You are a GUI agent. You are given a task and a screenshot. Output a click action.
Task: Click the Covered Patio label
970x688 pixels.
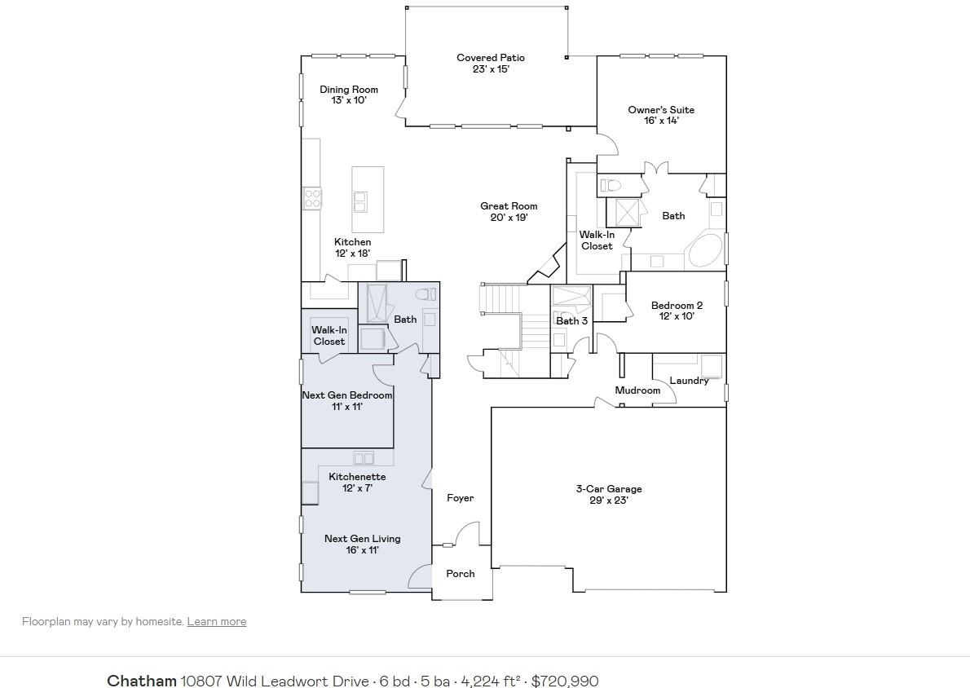coord(490,64)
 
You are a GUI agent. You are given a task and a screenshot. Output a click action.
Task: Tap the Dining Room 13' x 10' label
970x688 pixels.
coord(349,95)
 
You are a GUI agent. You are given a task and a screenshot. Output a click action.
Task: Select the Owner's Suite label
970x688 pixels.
coord(661,115)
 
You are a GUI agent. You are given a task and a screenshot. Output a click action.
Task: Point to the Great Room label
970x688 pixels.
coord(509,212)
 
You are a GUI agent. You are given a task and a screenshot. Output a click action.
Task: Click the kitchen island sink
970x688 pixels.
coord(359,201)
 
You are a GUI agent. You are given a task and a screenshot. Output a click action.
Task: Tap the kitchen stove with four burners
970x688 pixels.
coord(312,198)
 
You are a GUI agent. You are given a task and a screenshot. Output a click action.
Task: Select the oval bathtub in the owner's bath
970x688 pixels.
coord(705,251)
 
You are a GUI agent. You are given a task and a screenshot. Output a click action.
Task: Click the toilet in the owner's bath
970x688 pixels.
coord(611,185)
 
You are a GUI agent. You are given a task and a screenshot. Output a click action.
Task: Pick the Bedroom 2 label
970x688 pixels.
coord(677,311)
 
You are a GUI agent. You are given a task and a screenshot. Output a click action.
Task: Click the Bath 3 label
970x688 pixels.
coord(571,320)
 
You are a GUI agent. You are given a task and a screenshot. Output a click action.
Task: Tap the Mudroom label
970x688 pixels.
coord(637,390)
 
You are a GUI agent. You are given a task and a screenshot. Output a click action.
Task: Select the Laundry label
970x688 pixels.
coord(689,381)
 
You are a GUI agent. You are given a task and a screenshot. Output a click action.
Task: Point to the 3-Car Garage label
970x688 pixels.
coord(609,495)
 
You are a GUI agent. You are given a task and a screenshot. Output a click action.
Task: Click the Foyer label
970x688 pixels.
coord(460,498)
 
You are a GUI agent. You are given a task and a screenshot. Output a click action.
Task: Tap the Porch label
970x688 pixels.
coord(460,573)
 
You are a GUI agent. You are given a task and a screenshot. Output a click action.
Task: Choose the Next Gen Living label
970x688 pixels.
coord(362,544)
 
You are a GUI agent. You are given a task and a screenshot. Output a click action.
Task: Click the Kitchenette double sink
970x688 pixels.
coord(363,458)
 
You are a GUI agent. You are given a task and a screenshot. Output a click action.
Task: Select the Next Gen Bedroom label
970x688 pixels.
coord(347,400)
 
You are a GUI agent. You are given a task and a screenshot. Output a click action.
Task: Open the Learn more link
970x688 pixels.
coord(216,621)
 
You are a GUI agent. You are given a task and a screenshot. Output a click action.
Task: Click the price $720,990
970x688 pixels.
coord(565,681)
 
